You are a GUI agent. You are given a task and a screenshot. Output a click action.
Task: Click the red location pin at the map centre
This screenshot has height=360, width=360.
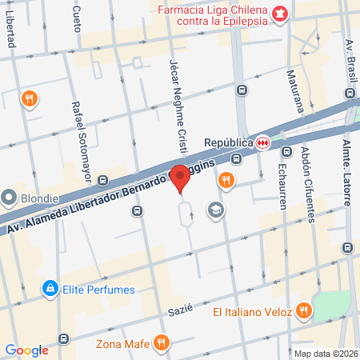tap(180, 177)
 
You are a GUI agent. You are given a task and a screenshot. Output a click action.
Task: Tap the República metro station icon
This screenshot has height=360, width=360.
tap(262, 142)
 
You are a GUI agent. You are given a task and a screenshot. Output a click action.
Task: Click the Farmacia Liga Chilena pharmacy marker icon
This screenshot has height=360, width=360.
tap(280, 13)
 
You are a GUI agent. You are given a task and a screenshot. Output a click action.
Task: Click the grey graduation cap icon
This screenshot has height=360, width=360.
tap(214, 210)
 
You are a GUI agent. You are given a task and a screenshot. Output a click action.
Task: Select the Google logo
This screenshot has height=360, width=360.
tap(26, 350)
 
